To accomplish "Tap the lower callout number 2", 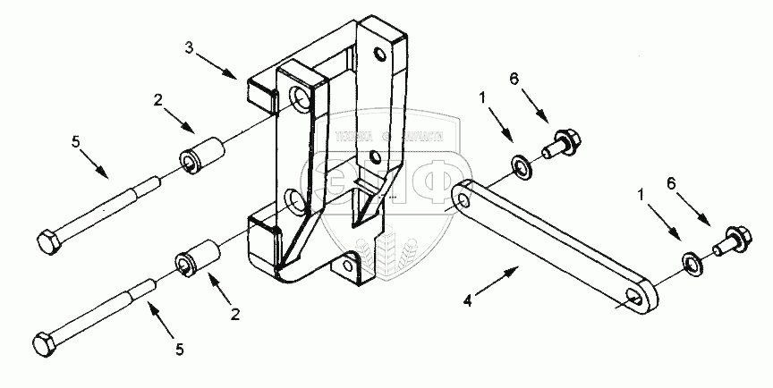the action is click(x=236, y=314).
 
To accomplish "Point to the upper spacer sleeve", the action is click(x=201, y=153).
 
